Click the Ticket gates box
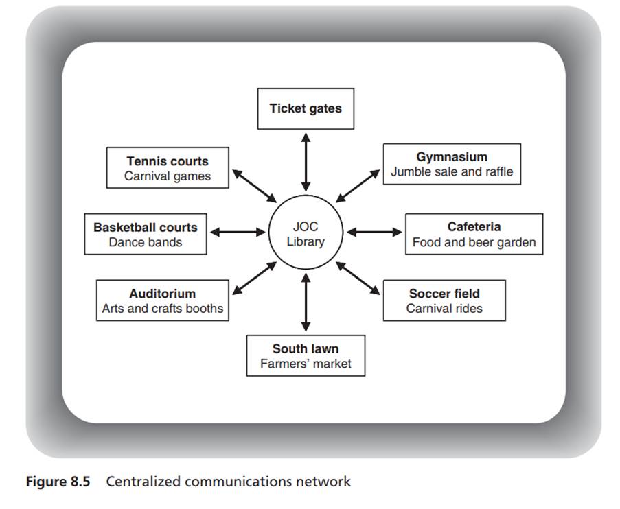pos(306,108)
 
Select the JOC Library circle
pos(306,233)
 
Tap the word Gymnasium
pos(451,157)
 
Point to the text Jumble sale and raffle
pos(451,171)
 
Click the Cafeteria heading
pos(474,226)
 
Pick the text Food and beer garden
pos(474,242)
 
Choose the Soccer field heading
pos(444,294)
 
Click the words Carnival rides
pos(444,308)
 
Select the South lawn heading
pos(306,348)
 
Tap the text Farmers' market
pos(306,364)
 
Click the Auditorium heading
pos(162,294)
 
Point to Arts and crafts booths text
pos(162,308)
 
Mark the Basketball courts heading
pos(146,226)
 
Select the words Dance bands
pos(146,242)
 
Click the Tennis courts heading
pos(168,161)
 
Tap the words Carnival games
pos(168,176)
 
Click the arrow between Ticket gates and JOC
pos(306,161)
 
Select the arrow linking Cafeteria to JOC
pos(375,232)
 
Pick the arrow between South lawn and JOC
pos(306,303)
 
